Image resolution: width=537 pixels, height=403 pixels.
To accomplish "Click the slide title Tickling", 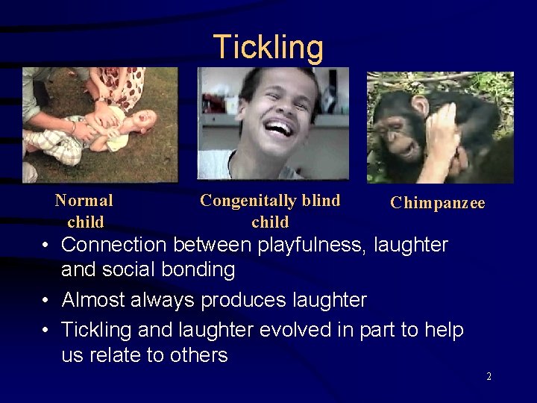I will (x=268, y=47).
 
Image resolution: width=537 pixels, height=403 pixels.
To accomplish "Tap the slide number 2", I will (x=489, y=377).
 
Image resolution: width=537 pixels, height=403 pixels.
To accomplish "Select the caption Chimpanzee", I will (x=438, y=203).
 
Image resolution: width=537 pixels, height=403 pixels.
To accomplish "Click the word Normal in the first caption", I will (x=84, y=200).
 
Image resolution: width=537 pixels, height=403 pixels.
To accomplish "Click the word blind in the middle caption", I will (x=315, y=200).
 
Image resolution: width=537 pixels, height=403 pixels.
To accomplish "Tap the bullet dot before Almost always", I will (x=46, y=301).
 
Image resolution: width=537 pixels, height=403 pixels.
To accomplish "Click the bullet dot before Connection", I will (x=46, y=245).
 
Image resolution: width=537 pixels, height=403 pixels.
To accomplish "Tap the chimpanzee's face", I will (x=395, y=131).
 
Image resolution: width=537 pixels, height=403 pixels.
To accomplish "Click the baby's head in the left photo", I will (x=145, y=119).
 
